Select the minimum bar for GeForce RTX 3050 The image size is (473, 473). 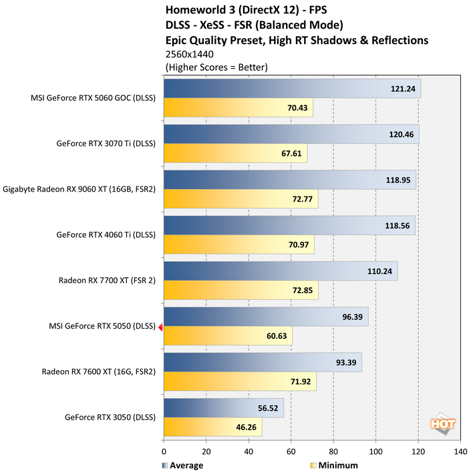tap(212, 427)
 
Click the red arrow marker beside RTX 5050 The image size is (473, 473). tap(160, 327)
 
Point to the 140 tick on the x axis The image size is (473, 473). tap(460, 452)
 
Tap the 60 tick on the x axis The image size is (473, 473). tap(291, 452)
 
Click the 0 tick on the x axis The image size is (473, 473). tap(164, 452)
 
